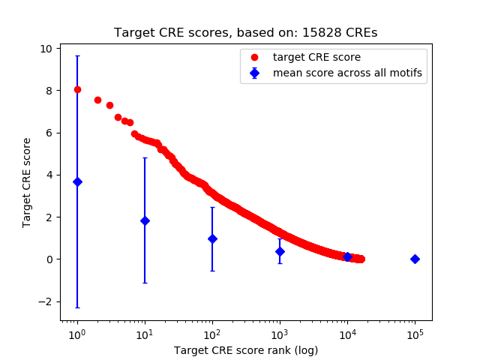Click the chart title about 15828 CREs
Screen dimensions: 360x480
(x=245, y=33)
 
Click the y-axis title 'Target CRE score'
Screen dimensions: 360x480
(x=27, y=182)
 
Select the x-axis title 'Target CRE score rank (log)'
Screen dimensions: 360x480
(x=245, y=350)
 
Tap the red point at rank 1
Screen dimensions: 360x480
(x=77, y=89)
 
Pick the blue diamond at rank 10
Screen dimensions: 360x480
(x=145, y=220)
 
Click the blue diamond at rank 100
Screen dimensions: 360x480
(x=212, y=238)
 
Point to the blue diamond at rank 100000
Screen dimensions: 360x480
(x=415, y=259)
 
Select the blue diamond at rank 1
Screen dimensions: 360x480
(x=77, y=181)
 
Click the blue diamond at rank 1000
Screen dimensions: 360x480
(x=280, y=251)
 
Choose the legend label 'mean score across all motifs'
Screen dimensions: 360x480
(x=346, y=73)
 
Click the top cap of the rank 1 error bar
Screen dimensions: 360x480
(x=77, y=55)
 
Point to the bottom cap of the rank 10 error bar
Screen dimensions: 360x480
(x=145, y=283)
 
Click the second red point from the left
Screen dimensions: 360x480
(x=97, y=100)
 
